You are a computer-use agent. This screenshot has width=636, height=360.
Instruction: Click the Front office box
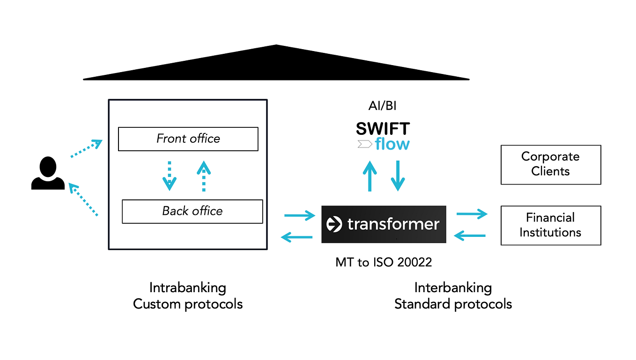click(x=188, y=139)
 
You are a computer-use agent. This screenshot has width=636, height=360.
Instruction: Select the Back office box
click(x=192, y=211)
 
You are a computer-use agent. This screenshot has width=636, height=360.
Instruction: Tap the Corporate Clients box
click(x=550, y=164)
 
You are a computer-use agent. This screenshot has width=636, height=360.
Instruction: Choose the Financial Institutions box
click(x=550, y=225)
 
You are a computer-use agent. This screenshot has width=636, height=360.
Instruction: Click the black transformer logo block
click(x=384, y=224)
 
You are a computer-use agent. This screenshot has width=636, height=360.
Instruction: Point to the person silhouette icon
click(x=48, y=174)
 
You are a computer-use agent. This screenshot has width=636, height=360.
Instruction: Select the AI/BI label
click(x=382, y=106)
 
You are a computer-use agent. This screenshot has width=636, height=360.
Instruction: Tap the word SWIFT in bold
click(x=383, y=129)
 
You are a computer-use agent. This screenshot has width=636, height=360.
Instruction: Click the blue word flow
click(x=392, y=144)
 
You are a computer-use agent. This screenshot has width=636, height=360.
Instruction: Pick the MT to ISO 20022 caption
click(x=384, y=262)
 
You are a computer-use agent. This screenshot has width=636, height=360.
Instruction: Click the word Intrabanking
click(x=187, y=287)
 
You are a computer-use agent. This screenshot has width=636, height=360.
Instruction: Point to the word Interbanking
click(x=453, y=287)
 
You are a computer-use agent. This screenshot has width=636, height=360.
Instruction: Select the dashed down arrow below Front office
click(x=170, y=176)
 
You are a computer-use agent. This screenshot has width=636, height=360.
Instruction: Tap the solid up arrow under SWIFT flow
click(x=370, y=176)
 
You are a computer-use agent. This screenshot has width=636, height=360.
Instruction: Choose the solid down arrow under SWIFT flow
click(x=398, y=176)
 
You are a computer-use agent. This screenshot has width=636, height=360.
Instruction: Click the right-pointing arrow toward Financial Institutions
click(x=472, y=214)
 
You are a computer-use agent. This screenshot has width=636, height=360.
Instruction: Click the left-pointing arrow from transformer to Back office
click(x=297, y=238)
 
